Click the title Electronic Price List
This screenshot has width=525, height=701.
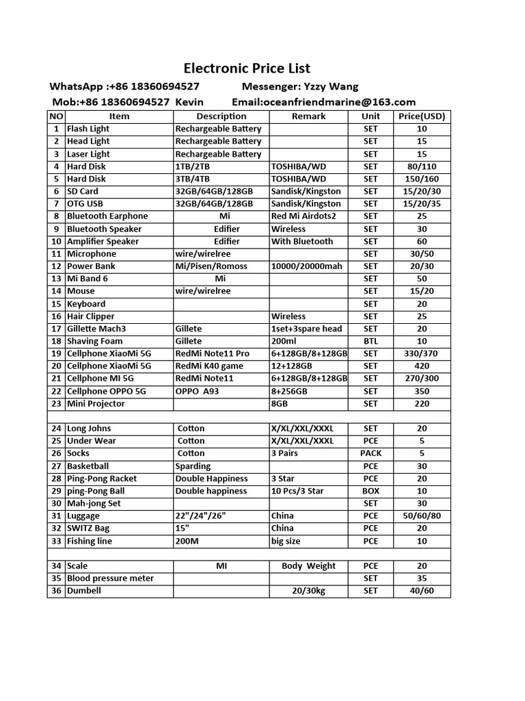(247, 68)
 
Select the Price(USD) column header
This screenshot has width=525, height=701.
(421, 116)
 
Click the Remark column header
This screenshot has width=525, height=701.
(309, 116)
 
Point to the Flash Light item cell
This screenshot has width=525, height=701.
(88, 129)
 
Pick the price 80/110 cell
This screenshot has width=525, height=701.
(421, 166)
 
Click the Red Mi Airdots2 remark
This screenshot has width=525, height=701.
(305, 216)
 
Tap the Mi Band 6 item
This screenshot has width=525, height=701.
(87, 279)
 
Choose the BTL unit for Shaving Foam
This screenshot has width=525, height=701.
(371, 341)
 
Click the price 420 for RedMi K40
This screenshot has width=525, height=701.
(421, 366)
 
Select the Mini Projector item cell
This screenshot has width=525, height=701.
(96, 404)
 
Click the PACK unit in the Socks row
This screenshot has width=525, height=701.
(371, 453)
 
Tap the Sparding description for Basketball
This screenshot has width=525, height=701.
(193, 466)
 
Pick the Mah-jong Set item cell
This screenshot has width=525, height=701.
(94, 503)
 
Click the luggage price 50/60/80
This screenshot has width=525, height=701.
(421, 515)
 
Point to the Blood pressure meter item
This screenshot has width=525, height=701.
(110, 578)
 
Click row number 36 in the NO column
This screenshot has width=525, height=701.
(56, 591)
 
